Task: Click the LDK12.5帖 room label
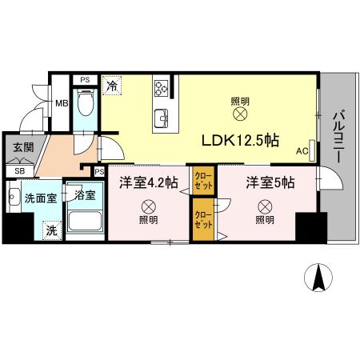point(239,141)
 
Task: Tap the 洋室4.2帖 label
point(147,182)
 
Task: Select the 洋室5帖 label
point(270,182)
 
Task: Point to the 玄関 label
point(22,148)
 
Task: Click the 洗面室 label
point(38,198)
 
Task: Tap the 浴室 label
point(85,194)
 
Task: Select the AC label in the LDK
point(302,151)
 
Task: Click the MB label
point(62,102)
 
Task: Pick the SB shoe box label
point(18,170)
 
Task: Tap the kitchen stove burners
point(161,87)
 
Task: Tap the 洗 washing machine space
point(51,230)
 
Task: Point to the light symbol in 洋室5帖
point(264,205)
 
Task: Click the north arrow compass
point(319,278)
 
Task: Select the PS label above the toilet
point(84,79)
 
